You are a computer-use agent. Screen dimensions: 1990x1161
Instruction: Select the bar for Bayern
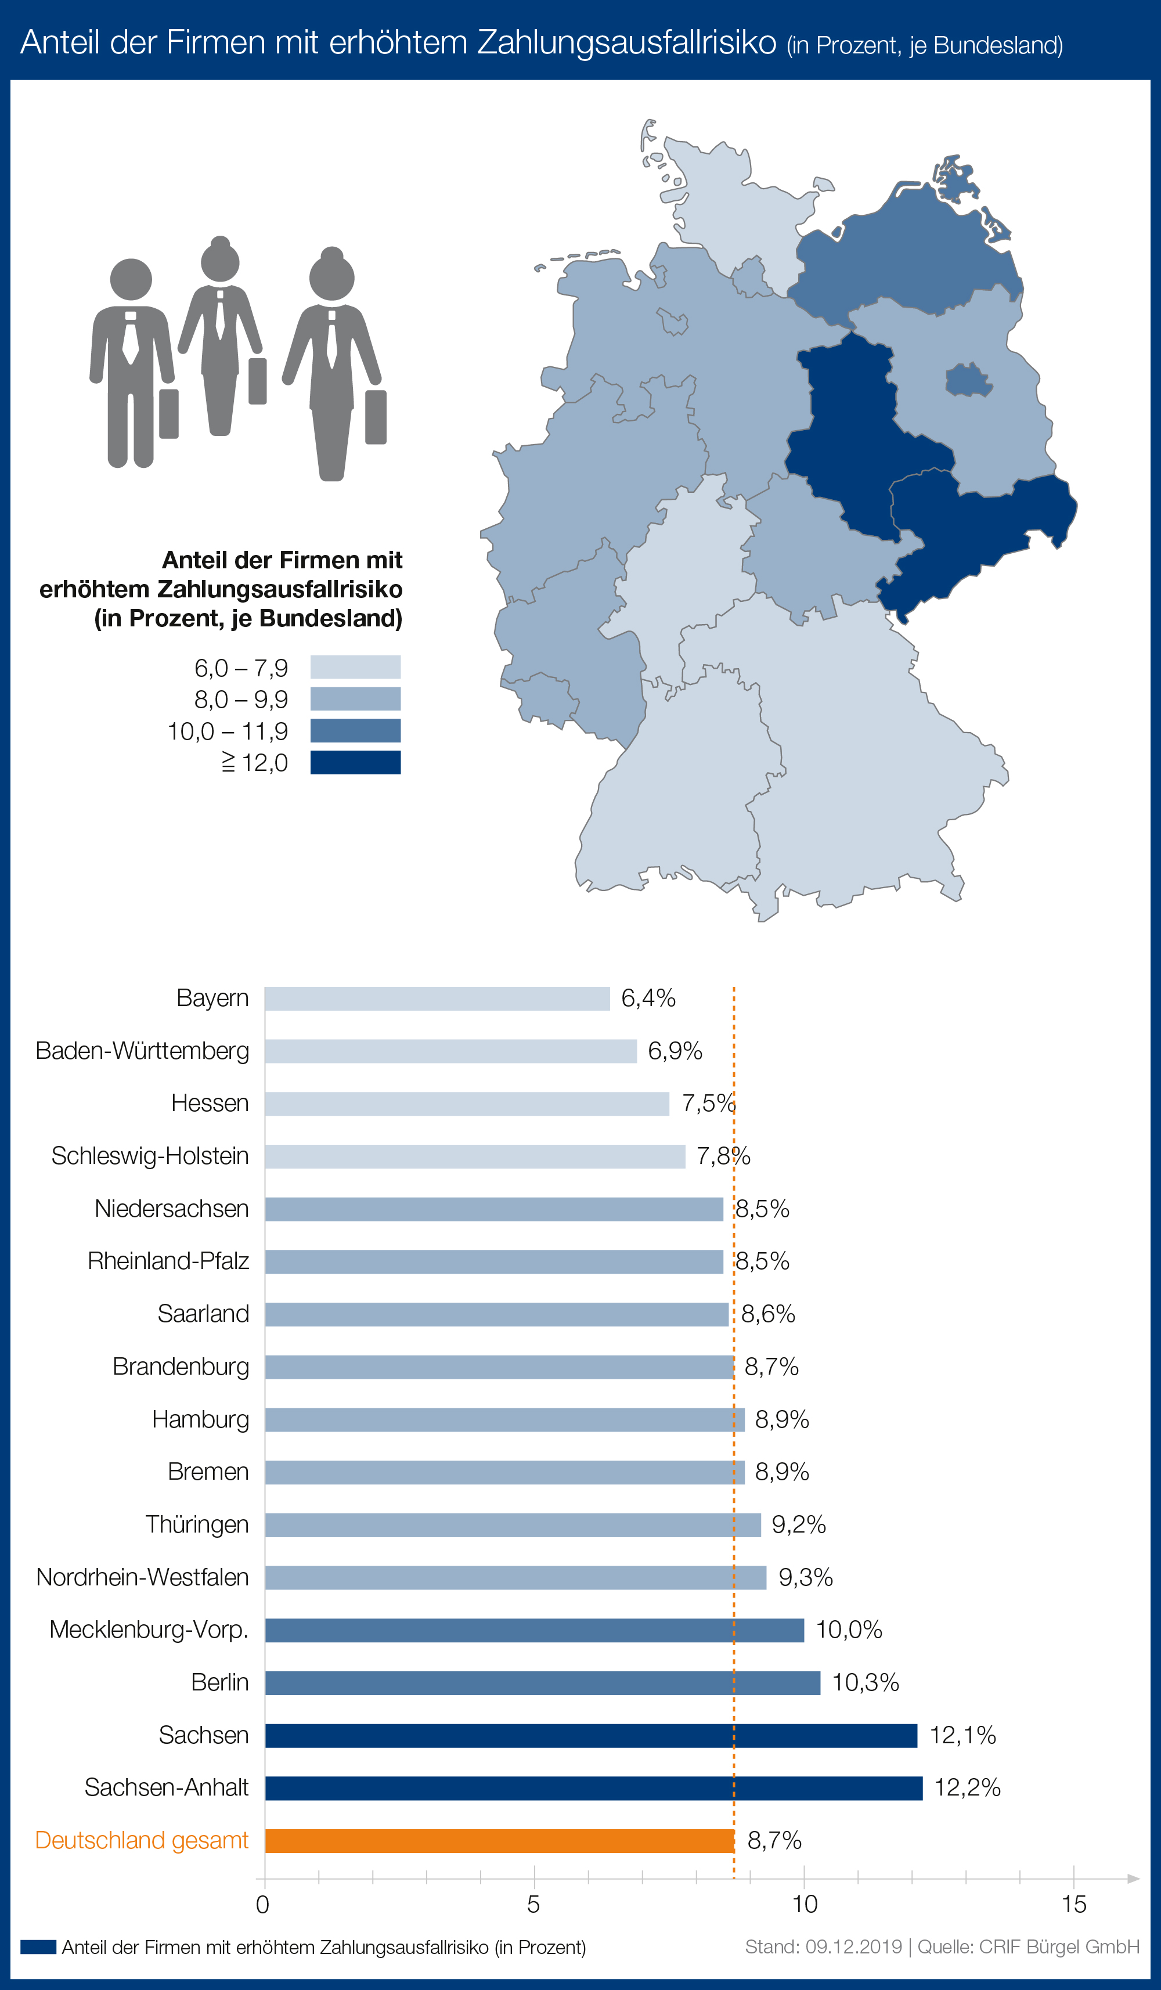(437, 998)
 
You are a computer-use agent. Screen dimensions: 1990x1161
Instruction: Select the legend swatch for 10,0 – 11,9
(355, 730)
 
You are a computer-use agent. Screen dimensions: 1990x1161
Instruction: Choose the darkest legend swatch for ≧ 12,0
(355, 762)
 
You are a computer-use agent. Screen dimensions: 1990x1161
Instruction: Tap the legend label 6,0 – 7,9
(241, 668)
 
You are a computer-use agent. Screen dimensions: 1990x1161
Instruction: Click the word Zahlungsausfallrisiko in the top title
(626, 42)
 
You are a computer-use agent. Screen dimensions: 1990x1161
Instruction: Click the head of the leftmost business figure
(131, 279)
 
